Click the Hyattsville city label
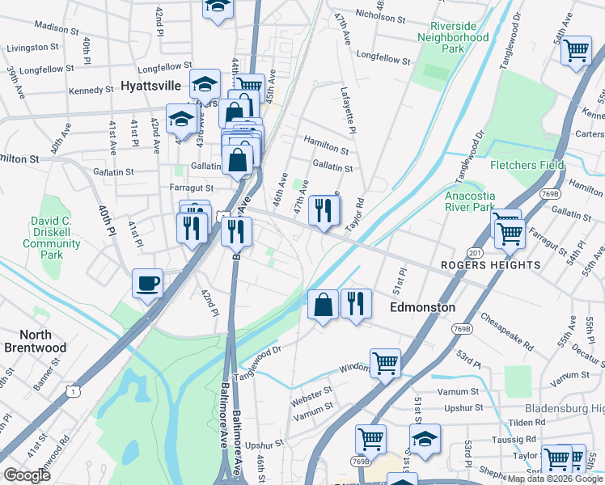153,85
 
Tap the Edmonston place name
422,307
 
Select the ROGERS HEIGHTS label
501,265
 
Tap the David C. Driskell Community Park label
52,238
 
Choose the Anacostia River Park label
469,200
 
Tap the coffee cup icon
147,283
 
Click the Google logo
27,475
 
